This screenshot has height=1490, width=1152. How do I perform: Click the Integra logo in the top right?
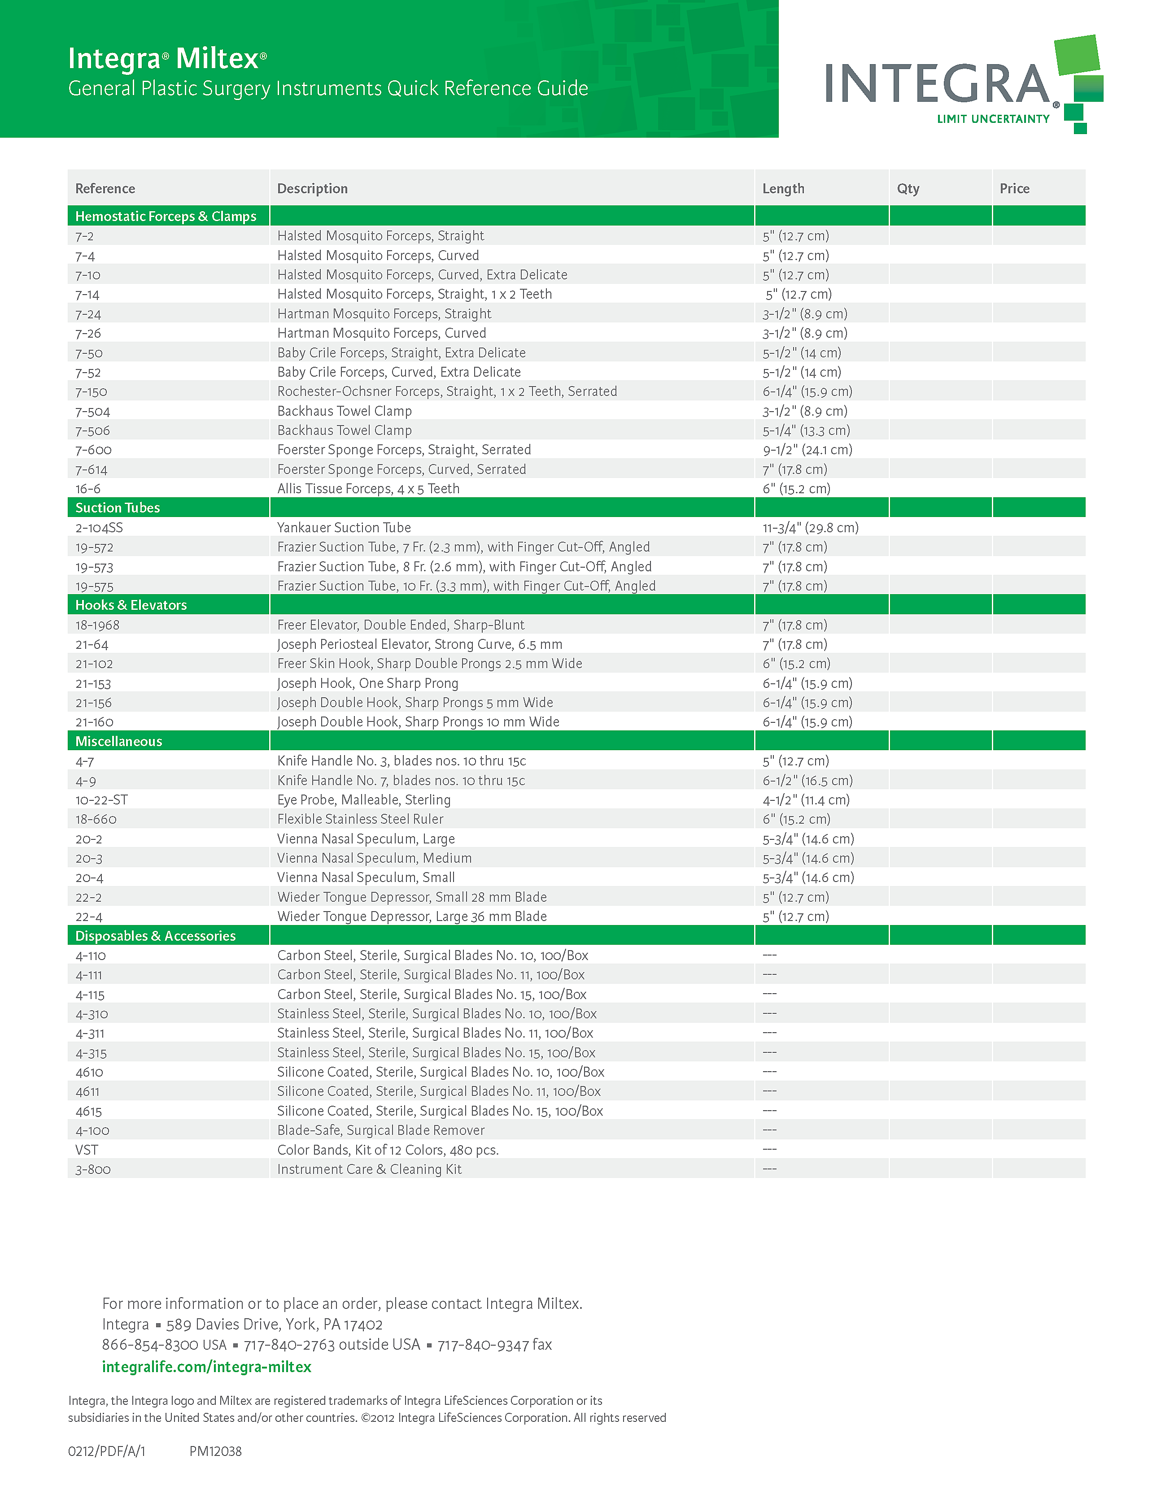point(962,85)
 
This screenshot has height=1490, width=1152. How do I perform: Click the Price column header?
point(1014,189)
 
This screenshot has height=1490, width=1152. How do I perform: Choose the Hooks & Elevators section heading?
point(131,605)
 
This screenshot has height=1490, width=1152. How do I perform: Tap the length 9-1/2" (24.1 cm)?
point(807,450)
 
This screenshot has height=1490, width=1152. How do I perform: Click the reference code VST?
point(87,1150)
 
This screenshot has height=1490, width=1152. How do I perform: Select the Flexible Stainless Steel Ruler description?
point(360,819)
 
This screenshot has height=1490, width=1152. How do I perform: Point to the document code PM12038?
point(216,1451)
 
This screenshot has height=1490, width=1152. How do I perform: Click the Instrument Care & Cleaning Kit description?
point(369,1169)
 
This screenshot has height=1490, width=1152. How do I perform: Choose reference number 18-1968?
point(98,625)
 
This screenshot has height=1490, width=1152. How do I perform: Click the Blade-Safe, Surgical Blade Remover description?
point(381,1130)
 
